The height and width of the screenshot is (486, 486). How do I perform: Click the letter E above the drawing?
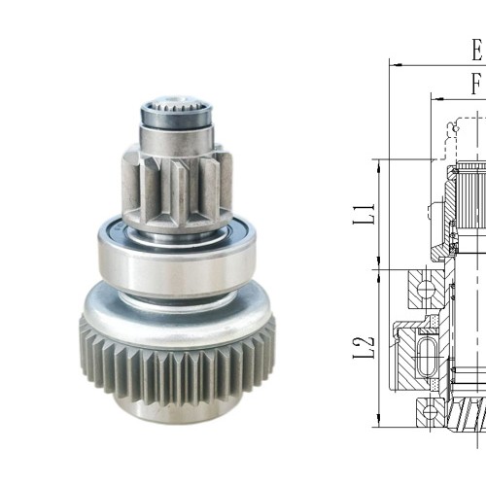click(x=477, y=48)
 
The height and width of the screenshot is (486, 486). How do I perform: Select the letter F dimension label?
click(x=477, y=85)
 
